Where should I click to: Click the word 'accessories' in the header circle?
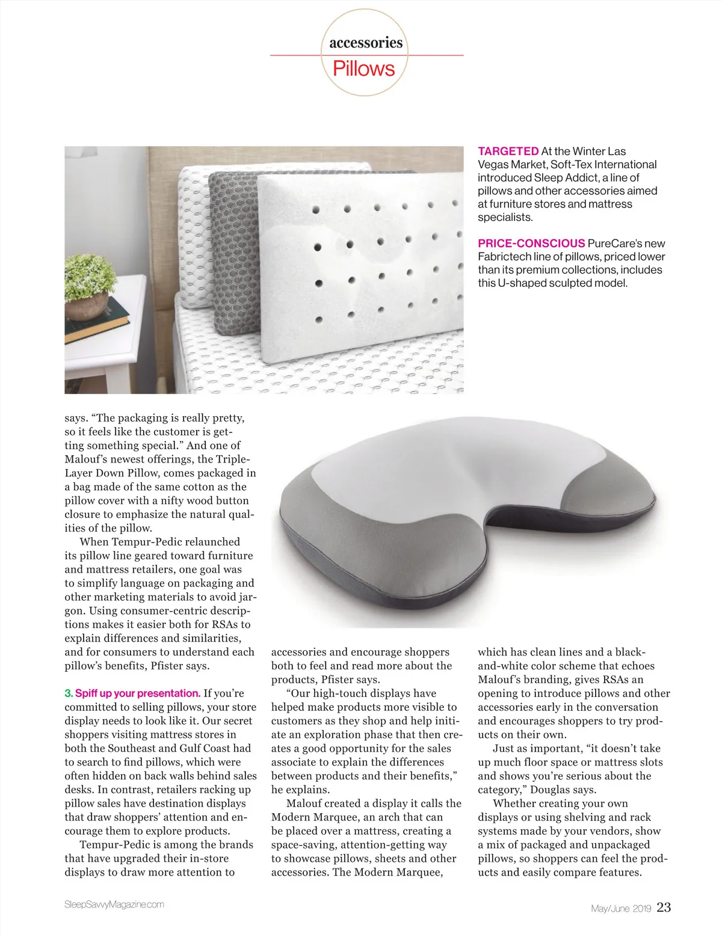(366, 43)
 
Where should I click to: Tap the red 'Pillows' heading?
(364, 69)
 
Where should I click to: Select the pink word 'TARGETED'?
(508, 152)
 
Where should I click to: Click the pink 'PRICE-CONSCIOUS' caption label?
(531, 244)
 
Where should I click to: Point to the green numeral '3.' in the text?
(69, 693)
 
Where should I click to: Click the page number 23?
(664, 907)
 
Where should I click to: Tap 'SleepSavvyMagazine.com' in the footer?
(114, 905)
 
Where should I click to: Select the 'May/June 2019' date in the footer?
(621, 909)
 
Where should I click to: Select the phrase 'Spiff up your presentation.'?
(138, 693)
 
